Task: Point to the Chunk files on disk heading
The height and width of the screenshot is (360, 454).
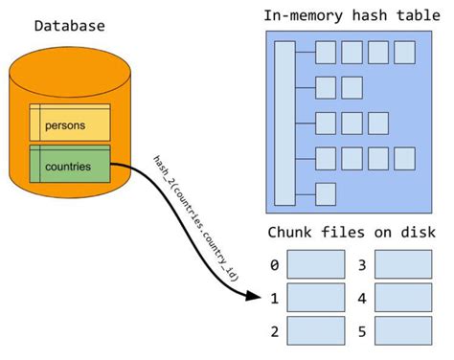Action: [x=351, y=233]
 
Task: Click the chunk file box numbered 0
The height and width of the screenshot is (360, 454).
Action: [x=316, y=263]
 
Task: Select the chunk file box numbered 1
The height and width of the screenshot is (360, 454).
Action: [x=316, y=297]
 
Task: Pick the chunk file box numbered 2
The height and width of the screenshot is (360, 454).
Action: [x=316, y=331]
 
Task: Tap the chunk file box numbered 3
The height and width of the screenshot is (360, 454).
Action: [x=405, y=263]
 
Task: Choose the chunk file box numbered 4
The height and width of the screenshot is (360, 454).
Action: [x=405, y=297]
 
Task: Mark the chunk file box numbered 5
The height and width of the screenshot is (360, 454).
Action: [x=405, y=331]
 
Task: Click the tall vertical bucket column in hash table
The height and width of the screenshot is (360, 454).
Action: [x=284, y=123]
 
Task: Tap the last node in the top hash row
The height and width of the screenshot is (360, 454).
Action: [x=403, y=52]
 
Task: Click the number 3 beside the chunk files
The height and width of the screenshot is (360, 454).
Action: [x=362, y=263]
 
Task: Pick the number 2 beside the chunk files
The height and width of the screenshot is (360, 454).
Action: [x=274, y=331]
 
